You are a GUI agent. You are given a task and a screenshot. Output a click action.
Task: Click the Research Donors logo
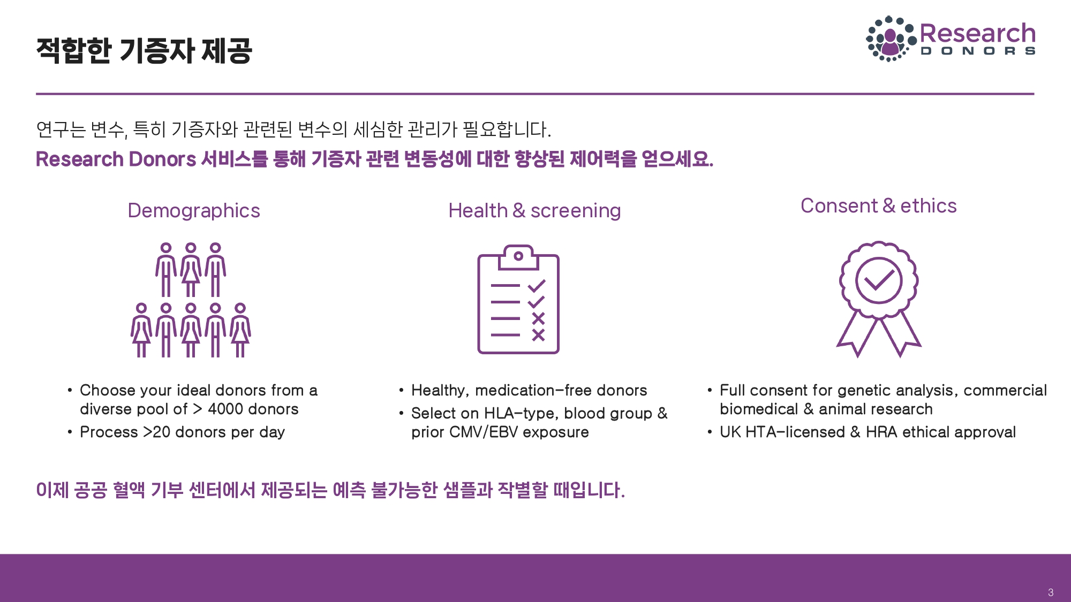click(951, 39)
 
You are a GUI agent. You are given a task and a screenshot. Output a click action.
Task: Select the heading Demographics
click(194, 211)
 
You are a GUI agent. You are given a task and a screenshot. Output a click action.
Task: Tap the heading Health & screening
click(534, 211)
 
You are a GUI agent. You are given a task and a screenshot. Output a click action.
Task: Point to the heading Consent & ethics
click(878, 206)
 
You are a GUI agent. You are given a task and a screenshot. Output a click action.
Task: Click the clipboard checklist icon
click(518, 299)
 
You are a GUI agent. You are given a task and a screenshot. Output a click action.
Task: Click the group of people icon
click(191, 300)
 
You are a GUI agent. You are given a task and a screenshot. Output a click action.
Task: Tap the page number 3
click(1051, 592)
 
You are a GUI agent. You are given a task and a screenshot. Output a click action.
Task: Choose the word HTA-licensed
click(795, 432)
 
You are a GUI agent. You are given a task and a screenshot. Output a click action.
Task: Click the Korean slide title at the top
click(144, 51)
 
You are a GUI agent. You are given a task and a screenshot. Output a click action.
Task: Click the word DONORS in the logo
click(978, 51)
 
